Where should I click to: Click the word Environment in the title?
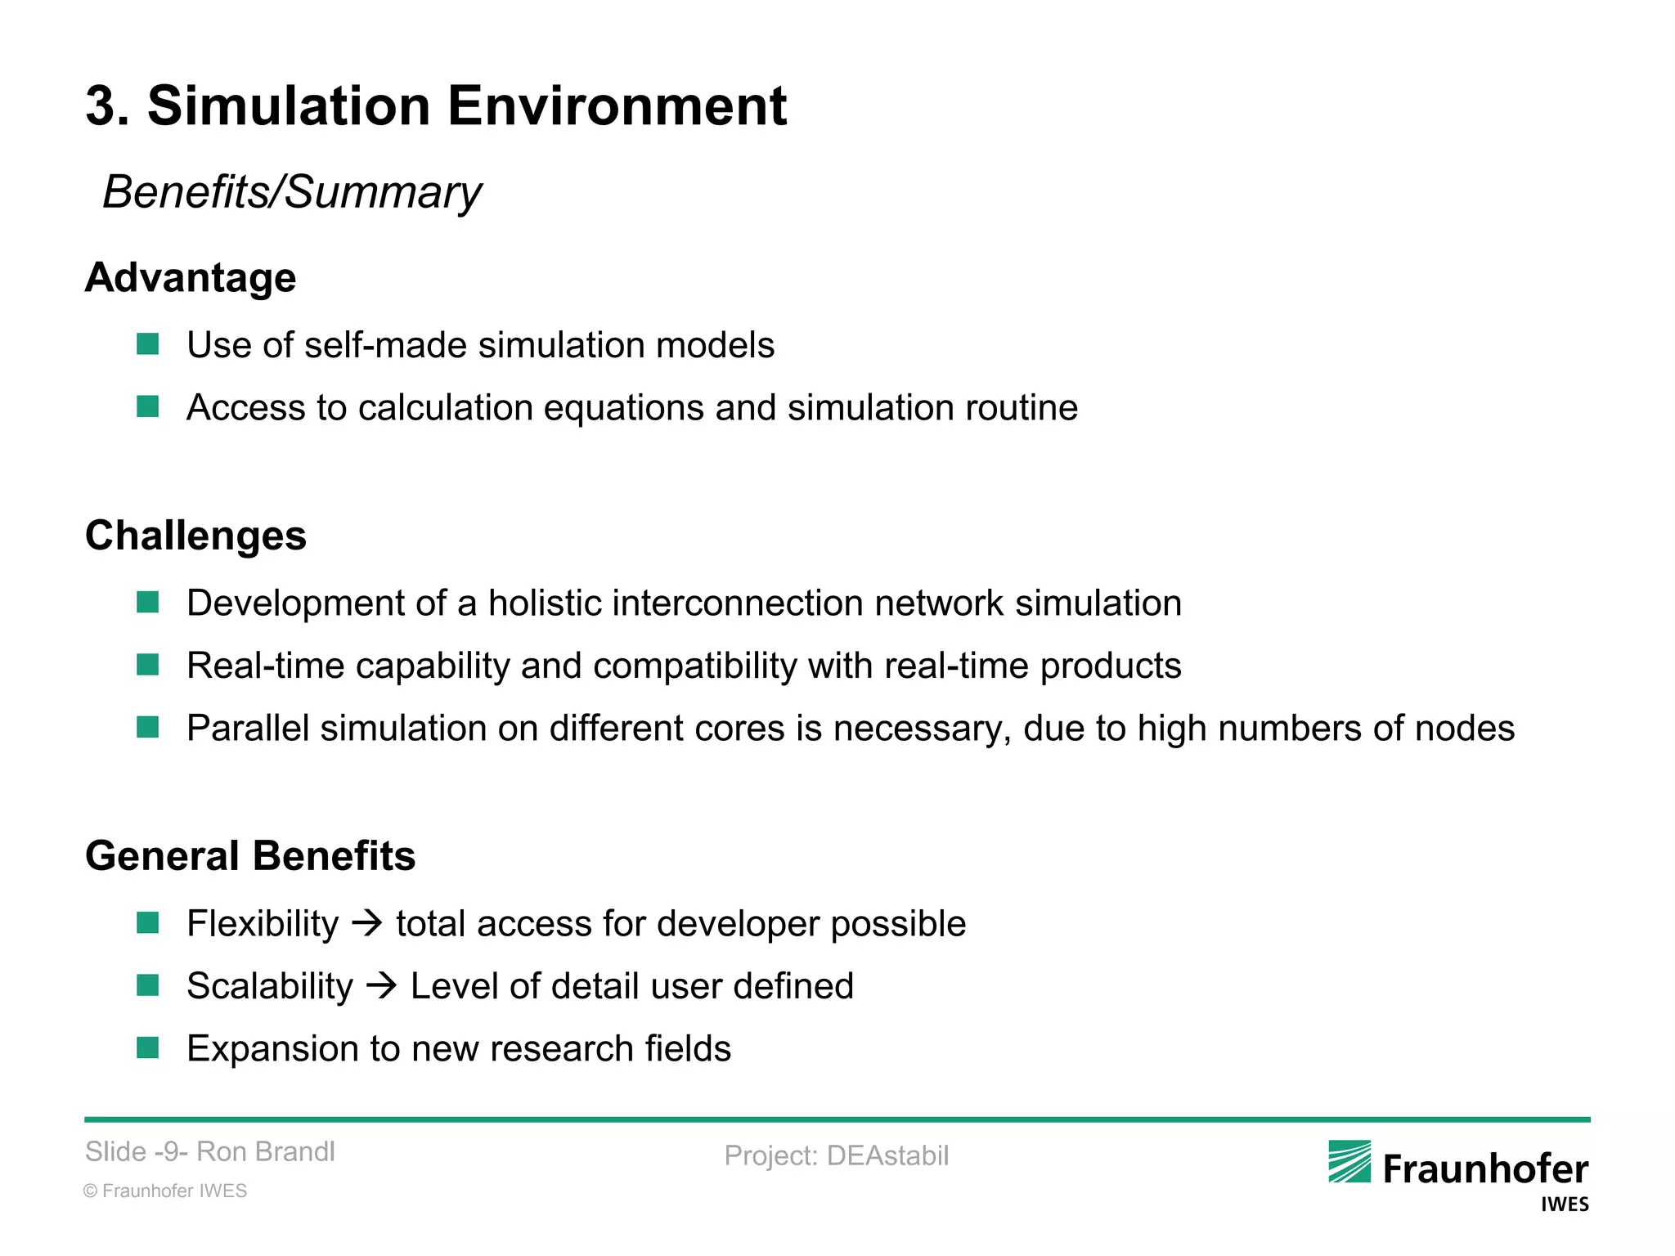tap(617, 106)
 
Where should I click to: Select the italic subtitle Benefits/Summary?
tap(292, 192)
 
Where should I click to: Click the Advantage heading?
tap(191, 277)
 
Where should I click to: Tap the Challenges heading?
tap(195, 536)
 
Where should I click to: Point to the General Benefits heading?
tap(250, 856)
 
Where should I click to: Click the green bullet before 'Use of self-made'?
tap(148, 344)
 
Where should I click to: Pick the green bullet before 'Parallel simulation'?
tap(148, 727)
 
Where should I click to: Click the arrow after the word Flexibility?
tap(367, 924)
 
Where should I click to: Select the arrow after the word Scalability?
tap(381, 986)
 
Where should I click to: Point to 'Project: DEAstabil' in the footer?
tap(836, 1155)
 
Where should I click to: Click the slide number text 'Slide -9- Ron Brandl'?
tap(210, 1151)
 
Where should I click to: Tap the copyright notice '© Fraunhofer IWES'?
tap(165, 1191)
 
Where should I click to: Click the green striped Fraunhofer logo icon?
tap(1349, 1161)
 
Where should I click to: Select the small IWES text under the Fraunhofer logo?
tap(1564, 1204)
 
